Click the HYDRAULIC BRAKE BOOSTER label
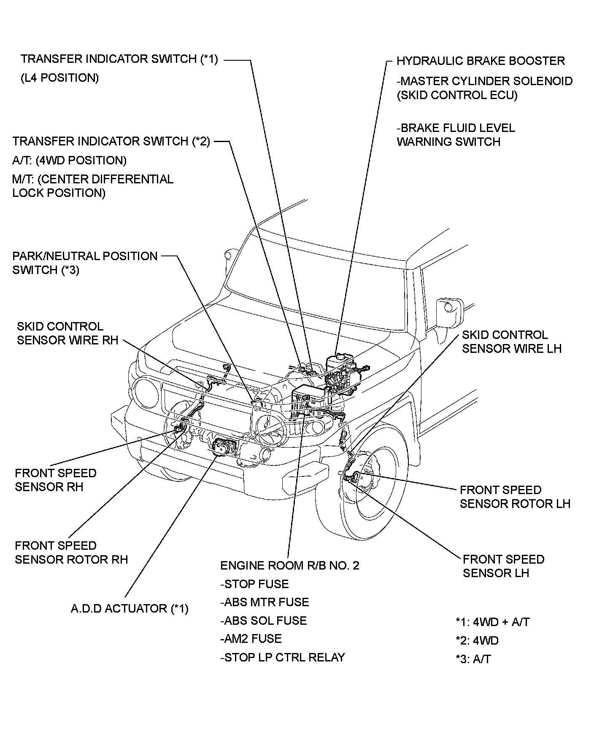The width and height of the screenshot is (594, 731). pos(480,61)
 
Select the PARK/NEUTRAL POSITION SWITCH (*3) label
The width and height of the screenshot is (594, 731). pos(84,263)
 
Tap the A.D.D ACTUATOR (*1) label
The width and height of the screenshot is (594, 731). pos(129,608)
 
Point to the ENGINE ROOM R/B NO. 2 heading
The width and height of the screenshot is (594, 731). pos(290,565)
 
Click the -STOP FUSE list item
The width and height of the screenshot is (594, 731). pos(254,584)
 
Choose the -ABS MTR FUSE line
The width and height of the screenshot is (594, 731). pos(265,602)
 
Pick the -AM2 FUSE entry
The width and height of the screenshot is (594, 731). pos(251,639)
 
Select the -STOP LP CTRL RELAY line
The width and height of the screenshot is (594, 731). pos(282,657)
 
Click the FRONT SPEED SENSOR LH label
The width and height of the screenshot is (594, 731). pos(503,566)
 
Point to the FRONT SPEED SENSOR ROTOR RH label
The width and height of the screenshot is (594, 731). pos(71,553)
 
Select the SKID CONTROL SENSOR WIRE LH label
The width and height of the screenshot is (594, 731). pos(511,341)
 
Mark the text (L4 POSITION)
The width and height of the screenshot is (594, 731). pos(59,78)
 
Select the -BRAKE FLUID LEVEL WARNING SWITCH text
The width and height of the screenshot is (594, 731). pos(456,135)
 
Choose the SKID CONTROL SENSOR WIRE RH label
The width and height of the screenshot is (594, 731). pos(67,333)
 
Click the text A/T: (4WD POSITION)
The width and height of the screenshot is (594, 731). pos(69,161)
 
